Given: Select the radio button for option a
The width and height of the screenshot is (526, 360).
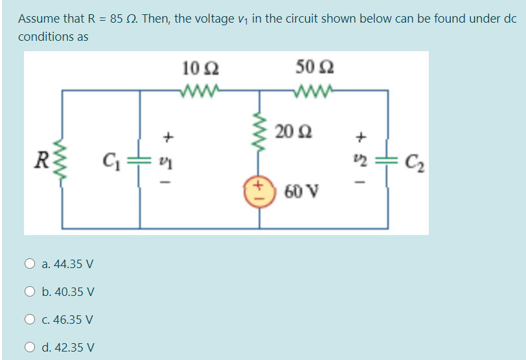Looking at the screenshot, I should coord(30,264).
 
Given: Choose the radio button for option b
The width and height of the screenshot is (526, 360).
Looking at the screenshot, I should coord(30,291).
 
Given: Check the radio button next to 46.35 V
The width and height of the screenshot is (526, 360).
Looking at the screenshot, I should coord(30,319).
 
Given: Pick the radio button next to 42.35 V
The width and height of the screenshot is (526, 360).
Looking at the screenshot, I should coord(30,347).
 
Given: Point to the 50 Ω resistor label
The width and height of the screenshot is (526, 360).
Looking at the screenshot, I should coord(314,67).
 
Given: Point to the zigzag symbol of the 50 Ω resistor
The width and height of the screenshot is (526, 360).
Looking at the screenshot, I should coord(315,90).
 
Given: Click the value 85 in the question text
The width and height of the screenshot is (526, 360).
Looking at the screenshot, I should coord(116,18).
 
